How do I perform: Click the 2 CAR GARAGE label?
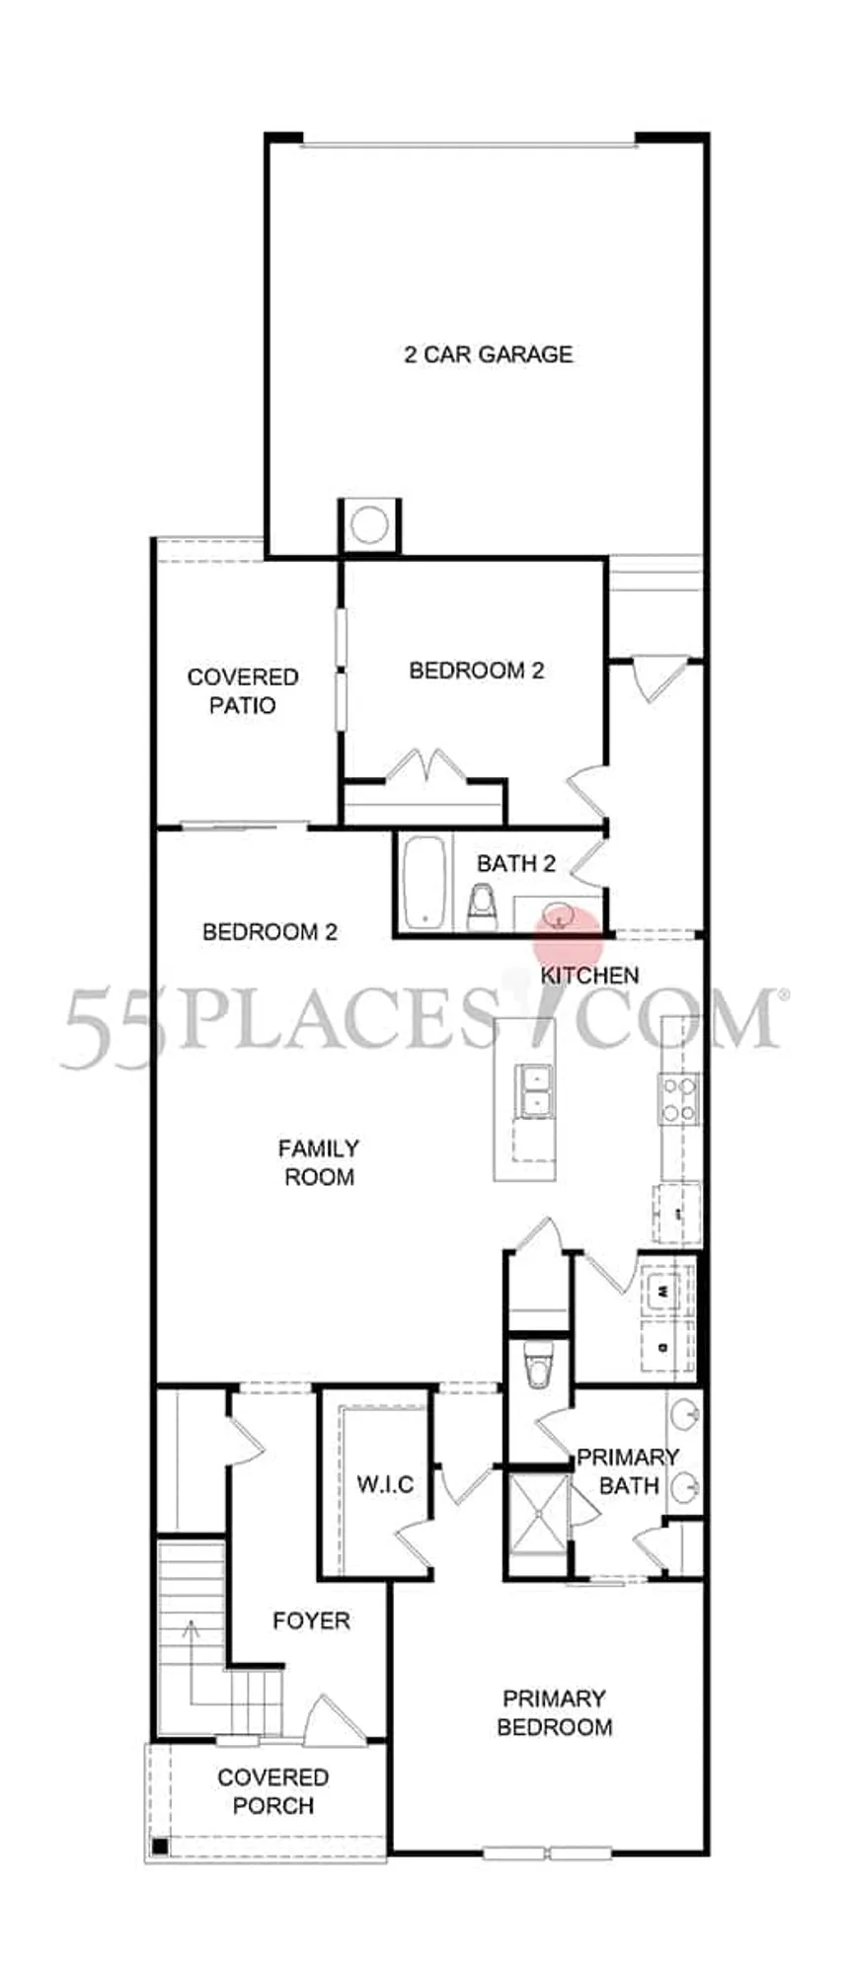(x=489, y=354)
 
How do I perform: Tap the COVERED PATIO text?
(x=243, y=691)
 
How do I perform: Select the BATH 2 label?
(x=516, y=863)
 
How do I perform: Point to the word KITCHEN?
(x=589, y=975)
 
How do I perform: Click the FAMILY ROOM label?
(x=318, y=1162)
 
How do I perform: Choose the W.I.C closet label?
(x=385, y=1483)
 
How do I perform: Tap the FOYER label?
(x=311, y=1620)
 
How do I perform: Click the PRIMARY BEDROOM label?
(x=554, y=1712)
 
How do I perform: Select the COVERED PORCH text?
(x=272, y=1791)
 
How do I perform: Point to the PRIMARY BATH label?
(x=628, y=1470)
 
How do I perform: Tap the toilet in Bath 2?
(x=482, y=909)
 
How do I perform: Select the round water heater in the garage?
(x=370, y=524)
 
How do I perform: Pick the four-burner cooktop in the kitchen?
(x=679, y=1098)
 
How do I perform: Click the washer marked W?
(x=662, y=1290)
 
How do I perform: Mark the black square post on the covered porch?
(x=161, y=1846)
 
